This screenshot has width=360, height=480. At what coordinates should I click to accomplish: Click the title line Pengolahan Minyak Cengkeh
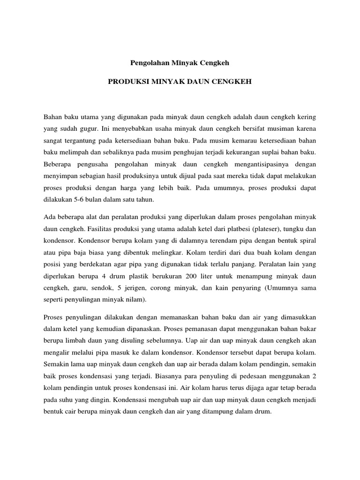[x=180, y=62]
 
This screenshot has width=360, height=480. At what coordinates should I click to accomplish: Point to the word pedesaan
[x=259, y=375]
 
